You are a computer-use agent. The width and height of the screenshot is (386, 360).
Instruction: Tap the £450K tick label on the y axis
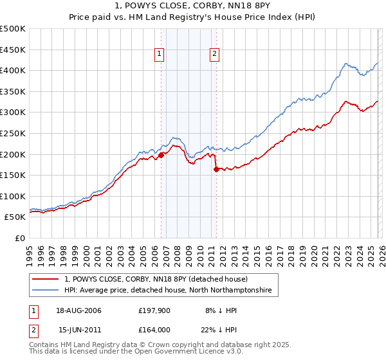tap(13, 50)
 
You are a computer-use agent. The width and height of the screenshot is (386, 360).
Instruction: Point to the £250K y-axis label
tap(13, 133)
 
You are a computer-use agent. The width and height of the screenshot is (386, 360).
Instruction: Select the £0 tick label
tap(21, 238)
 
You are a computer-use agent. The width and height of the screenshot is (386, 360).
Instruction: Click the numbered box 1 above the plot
tap(160, 55)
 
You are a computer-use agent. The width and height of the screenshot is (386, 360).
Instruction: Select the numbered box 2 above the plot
tap(214, 55)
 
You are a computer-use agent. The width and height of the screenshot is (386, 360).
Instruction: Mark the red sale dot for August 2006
tap(161, 154)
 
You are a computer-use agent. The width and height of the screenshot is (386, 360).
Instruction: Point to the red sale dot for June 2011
tap(216, 169)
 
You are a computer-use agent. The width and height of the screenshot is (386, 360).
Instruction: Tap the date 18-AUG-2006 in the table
tap(80, 310)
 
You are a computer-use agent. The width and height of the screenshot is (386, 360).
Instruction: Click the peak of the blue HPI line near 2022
tap(346, 63)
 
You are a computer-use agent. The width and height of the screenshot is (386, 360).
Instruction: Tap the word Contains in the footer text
tap(44, 345)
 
